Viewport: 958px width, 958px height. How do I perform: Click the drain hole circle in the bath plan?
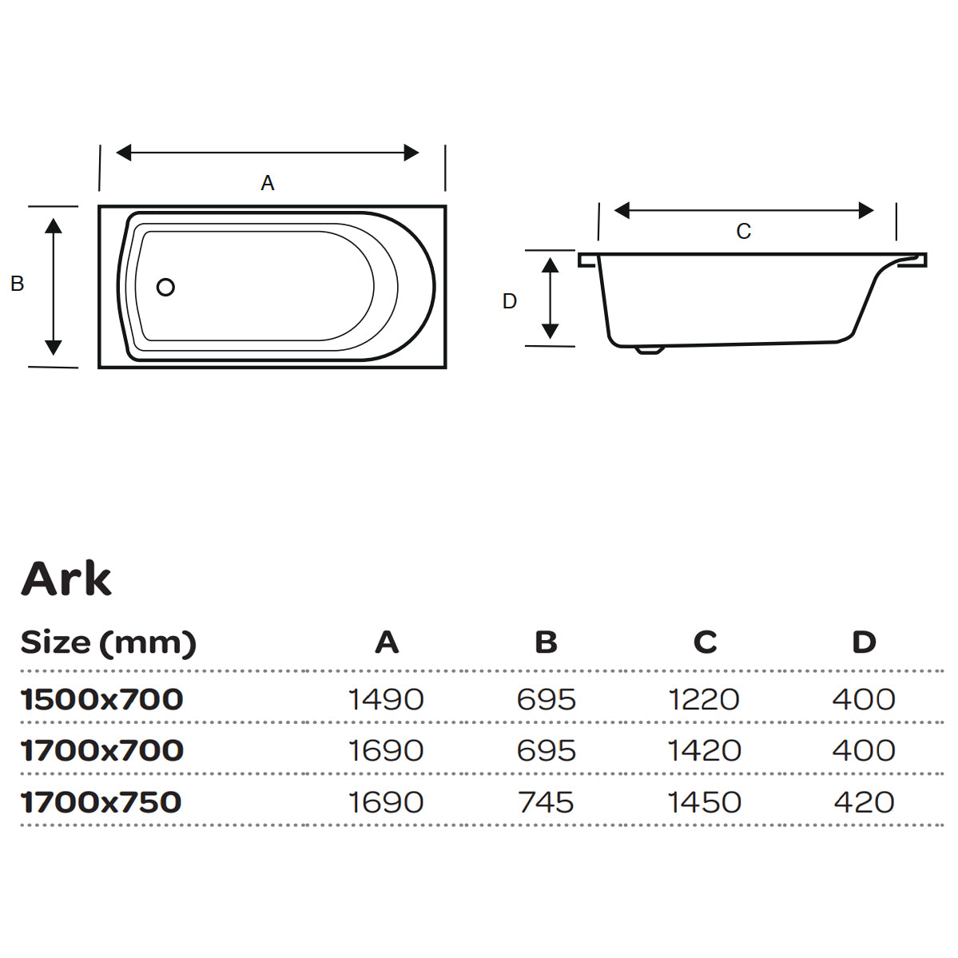pos(165,287)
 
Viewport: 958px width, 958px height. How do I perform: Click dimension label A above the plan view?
pos(268,183)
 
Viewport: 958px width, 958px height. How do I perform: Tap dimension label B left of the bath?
pos(17,284)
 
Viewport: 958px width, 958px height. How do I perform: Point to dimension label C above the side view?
pos(743,232)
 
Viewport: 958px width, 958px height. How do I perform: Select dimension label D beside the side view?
pos(510,301)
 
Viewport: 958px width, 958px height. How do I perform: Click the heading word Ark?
pos(66,578)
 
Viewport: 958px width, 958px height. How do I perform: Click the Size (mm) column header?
pos(109,642)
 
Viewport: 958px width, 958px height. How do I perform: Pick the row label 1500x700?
pos(102,700)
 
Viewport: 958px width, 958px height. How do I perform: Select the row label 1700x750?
pos(101,802)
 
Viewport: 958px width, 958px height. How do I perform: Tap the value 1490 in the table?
pos(386,700)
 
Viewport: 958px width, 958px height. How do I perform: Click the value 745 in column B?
pos(546,802)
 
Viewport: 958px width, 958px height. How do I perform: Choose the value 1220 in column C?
pos(704,700)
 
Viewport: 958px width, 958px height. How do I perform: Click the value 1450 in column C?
pos(704,802)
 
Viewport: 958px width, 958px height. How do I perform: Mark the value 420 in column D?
pos(864,802)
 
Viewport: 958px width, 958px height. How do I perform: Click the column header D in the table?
pos(864,642)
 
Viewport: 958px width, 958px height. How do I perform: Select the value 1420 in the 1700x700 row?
pos(704,751)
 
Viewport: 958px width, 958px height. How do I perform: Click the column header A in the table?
pos(387,642)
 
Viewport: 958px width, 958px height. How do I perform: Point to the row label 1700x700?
pos(102,751)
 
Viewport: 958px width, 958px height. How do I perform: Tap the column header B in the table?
pos(546,642)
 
